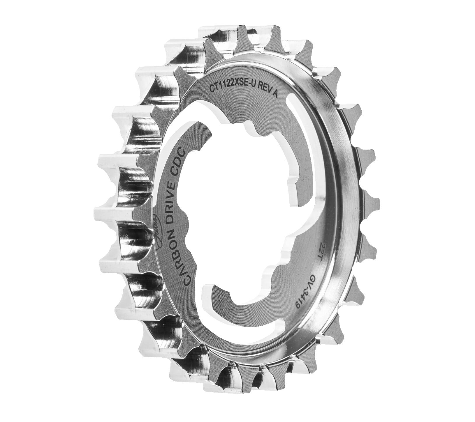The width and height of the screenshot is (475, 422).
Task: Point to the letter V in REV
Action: (270, 91)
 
